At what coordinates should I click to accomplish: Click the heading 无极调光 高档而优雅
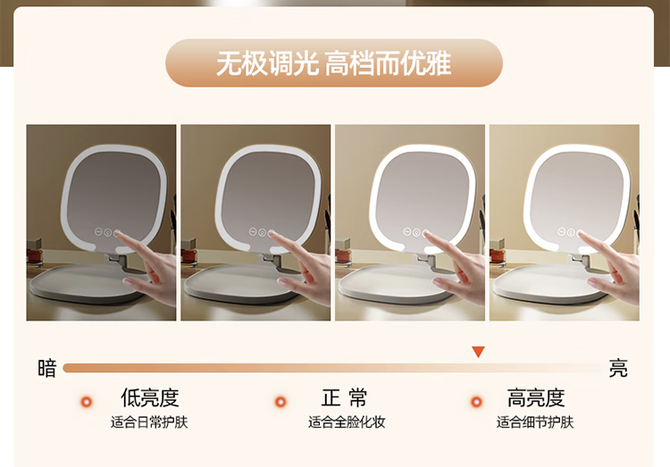(334, 63)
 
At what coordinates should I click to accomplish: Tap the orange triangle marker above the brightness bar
(478, 351)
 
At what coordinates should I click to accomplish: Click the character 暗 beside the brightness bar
(47, 368)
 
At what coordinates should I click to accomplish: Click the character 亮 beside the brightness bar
(618, 368)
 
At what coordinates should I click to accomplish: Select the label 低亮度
(149, 397)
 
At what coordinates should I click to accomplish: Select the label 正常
(344, 397)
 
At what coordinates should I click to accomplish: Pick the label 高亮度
(536, 397)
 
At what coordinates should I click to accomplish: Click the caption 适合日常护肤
(149, 422)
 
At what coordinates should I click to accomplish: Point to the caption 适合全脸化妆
(347, 422)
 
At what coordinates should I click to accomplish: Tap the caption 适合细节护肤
(535, 422)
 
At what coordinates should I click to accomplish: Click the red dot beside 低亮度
(87, 402)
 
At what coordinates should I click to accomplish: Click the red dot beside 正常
(281, 402)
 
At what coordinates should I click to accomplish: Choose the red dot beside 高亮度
(476, 402)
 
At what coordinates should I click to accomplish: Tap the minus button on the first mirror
(98, 232)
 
